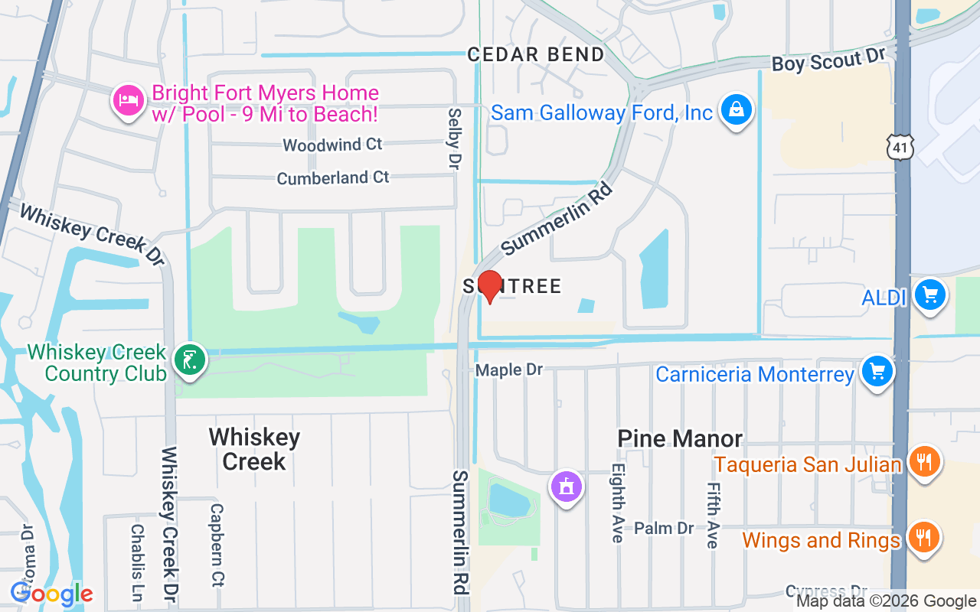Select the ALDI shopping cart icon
[930, 295]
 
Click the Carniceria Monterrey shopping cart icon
[877, 372]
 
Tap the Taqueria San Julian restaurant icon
[924, 462]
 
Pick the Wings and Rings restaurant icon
[924, 538]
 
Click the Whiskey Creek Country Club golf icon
[189, 360]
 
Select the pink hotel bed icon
[129, 100]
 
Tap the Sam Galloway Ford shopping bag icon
[736, 110]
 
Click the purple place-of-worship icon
[566, 486]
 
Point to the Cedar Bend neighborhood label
[536, 54]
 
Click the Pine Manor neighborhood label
[680, 438]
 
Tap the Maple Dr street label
[508, 370]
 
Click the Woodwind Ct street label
[332, 145]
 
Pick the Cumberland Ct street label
[333, 177]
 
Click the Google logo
[51, 594]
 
